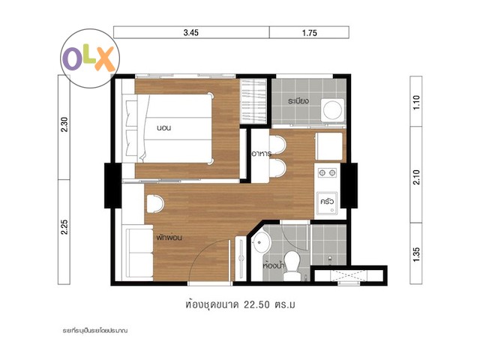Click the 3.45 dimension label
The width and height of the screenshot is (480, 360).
191,32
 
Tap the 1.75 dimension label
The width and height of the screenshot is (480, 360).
310,33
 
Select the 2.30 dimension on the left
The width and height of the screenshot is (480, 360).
64,124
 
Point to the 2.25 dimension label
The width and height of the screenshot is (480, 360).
64,226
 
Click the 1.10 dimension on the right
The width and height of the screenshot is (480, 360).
416,103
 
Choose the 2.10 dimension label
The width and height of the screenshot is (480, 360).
416,177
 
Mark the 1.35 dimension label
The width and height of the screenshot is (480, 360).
416,255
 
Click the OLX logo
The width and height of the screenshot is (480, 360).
90,58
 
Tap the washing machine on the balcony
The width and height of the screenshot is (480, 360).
333,109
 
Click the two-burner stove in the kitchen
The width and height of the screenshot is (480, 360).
327,173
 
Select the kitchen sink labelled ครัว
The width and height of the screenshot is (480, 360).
327,202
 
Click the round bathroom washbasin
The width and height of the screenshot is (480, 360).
260,242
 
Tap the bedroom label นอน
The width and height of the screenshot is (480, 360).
163,128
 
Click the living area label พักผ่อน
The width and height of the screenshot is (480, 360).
169,237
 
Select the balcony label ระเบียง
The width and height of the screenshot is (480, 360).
298,100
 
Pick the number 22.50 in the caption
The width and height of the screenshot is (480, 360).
256,305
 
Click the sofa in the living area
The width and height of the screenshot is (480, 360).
139,252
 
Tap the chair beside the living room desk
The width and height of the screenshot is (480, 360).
155,204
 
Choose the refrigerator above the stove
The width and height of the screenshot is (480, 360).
328,146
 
